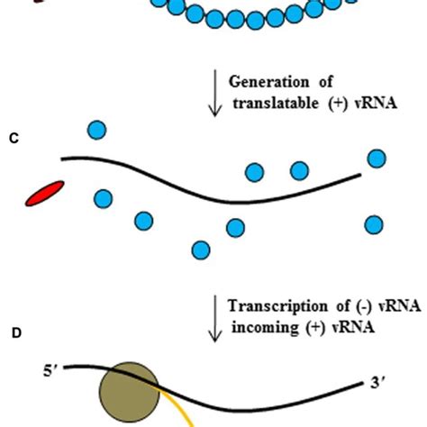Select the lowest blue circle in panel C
201,250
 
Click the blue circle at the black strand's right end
377,159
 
